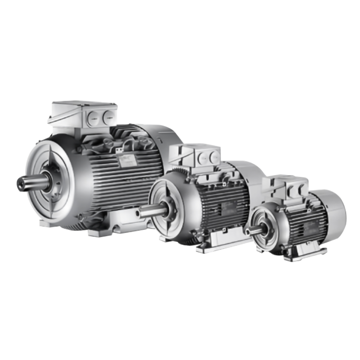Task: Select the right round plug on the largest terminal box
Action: [x=108, y=117]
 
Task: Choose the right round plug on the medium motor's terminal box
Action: [x=215, y=157]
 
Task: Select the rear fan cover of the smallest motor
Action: [x=335, y=214]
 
